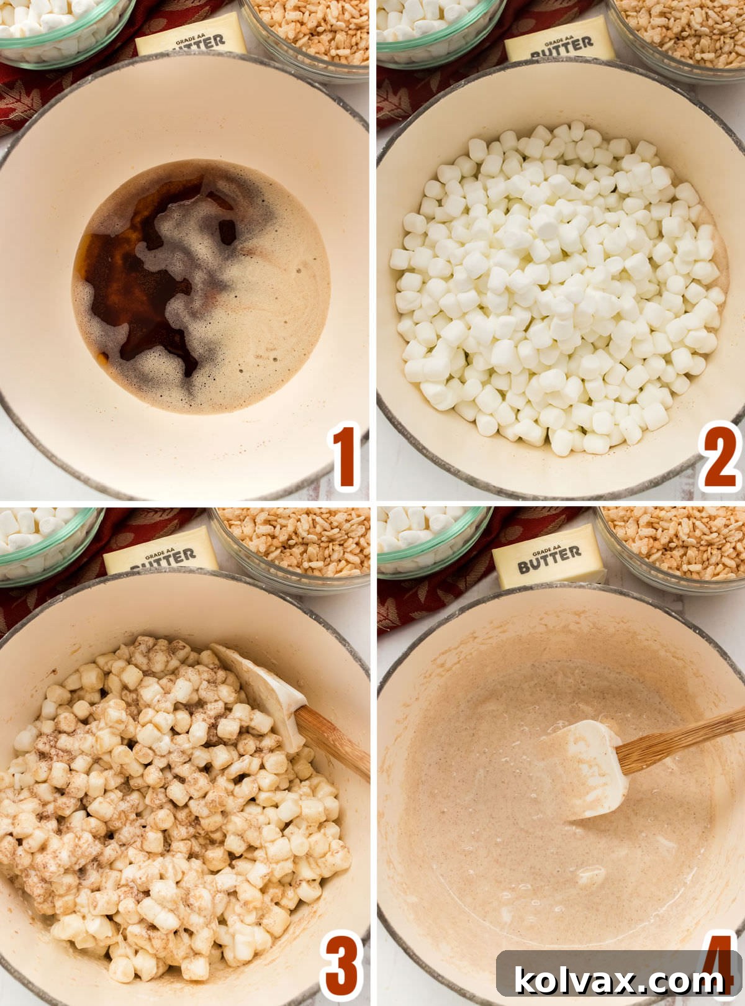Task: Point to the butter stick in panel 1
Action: [x=191, y=39]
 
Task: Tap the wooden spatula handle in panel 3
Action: [x=332, y=742]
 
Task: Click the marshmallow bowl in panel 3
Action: [x=43, y=540]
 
